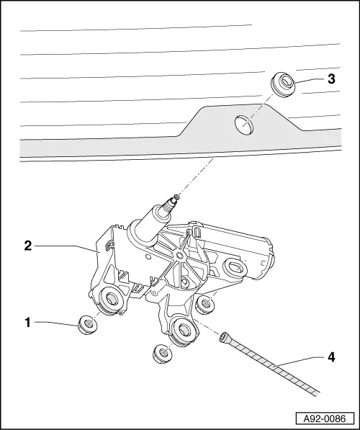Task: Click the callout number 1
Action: tap(28, 323)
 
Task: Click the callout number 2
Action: tap(28, 246)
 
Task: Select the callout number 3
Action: tap(330, 79)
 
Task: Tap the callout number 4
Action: tap(330, 356)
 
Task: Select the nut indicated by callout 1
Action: tap(86, 326)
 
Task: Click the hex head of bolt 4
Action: tap(225, 335)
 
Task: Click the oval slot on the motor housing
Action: tap(235, 268)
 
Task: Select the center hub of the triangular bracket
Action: tap(176, 256)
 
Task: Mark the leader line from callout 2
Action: tap(65, 246)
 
